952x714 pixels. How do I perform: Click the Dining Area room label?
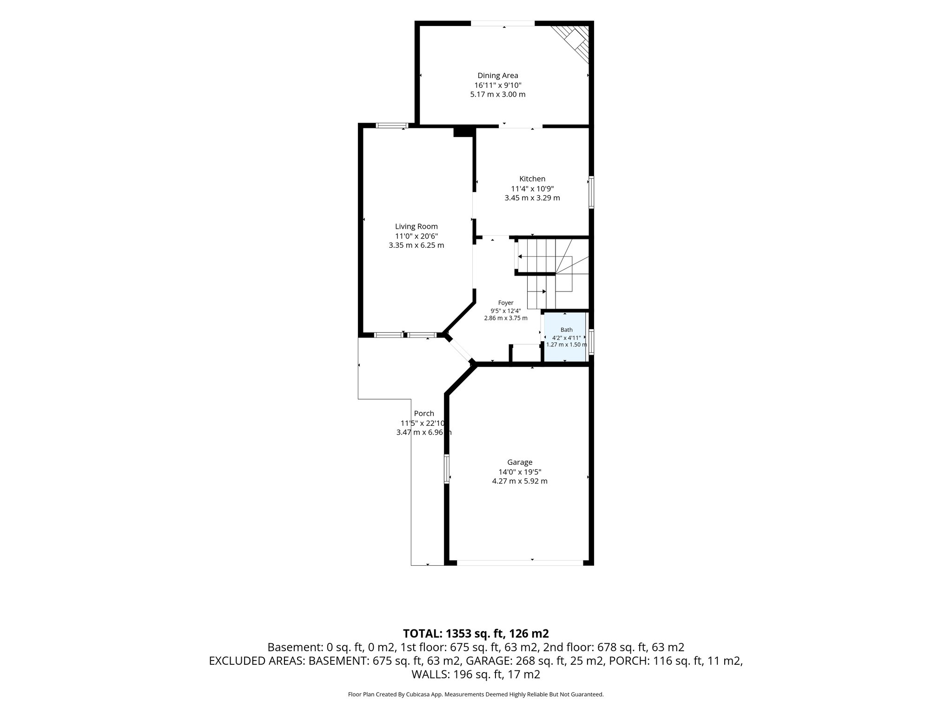(497, 75)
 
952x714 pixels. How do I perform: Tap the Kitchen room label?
(532, 178)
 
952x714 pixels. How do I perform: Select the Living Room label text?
(416, 226)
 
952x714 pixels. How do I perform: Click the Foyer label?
(506, 303)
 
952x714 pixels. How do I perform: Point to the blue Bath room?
(565, 337)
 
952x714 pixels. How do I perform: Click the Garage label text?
(520, 462)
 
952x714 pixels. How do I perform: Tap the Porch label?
(424, 413)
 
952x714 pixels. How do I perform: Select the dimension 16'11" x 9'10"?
(498, 85)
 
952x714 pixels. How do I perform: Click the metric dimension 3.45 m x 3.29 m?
(532, 198)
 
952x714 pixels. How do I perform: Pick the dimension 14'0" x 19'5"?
(520, 472)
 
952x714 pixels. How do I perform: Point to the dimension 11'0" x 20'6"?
(416, 236)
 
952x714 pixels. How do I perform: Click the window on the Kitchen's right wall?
(591, 192)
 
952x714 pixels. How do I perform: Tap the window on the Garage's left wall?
(447, 469)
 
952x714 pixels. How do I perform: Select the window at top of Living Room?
(392, 125)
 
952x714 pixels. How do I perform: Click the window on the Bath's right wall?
(591, 342)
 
